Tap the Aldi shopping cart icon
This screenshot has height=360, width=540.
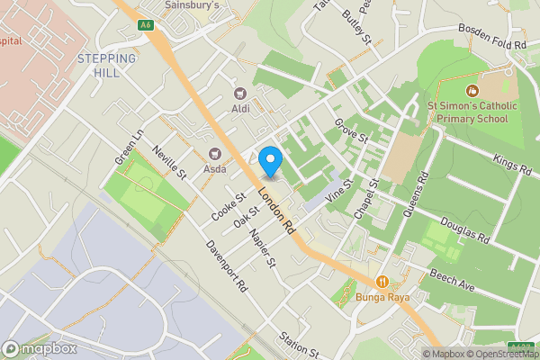tap(240, 93)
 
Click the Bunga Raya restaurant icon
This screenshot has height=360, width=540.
tap(382, 282)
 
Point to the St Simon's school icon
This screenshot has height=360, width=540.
tap(472, 90)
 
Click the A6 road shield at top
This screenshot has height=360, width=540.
tap(145, 25)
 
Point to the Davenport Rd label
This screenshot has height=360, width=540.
tap(225, 267)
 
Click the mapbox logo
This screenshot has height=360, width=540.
tap(40, 348)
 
